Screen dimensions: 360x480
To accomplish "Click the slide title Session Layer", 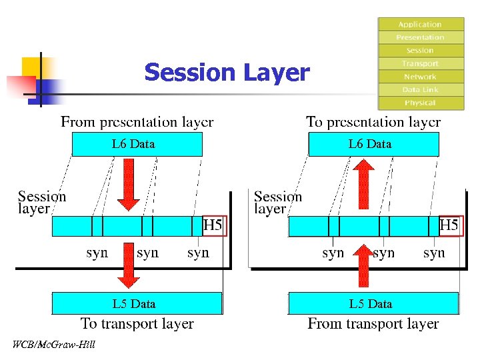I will pos(227,72).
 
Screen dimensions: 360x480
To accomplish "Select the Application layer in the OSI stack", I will pos(421,24).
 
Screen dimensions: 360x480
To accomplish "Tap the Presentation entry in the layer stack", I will pos(421,37).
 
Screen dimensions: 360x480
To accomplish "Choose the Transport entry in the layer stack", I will pos(421,63).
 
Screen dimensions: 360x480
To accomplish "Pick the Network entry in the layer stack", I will pos(421,77).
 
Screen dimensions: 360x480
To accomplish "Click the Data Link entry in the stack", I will pos(421,89).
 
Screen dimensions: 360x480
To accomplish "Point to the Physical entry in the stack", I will pos(421,103).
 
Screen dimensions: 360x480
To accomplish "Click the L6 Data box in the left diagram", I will pos(137,144).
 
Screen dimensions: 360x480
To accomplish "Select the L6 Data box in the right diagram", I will pos(373,144).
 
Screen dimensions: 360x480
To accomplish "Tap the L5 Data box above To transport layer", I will pos(137,303).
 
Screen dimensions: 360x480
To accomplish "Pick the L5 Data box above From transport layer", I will pos(373,303).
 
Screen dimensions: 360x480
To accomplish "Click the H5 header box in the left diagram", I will pos(213,226).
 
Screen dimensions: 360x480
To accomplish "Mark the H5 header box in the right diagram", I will pos(449,226).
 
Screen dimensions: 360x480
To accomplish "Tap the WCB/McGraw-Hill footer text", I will pos(54,345).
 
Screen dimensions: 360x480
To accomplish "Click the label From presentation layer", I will pos(137,122).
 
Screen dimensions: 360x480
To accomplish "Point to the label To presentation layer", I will pos(373,122).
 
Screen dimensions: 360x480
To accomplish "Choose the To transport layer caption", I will pos(137,324).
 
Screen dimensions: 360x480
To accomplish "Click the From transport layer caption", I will pos(373,324).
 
